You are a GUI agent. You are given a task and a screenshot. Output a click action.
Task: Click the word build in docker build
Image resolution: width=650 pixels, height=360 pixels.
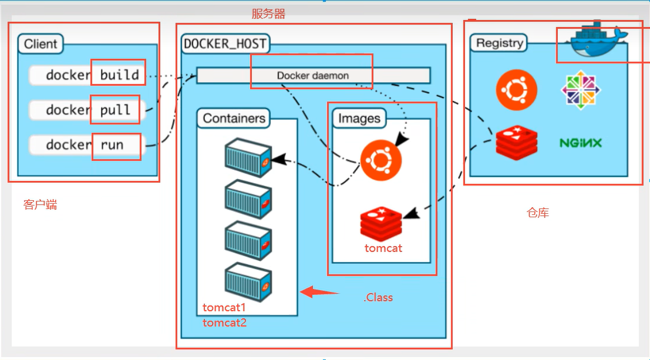point(119,75)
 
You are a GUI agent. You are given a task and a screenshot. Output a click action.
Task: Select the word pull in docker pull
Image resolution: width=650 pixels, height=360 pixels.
point(115,110)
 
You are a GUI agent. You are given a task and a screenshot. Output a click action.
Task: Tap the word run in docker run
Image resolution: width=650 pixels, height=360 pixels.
point(112,144)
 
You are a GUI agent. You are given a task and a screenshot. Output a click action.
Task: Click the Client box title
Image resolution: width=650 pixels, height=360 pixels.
point(41,43)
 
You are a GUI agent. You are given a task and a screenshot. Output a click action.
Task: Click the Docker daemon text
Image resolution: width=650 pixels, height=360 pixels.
point(312,76)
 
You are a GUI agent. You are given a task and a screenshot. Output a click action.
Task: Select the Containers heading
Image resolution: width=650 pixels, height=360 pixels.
point(234,119)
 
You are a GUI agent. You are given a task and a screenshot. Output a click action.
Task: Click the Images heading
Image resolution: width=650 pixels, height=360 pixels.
point(359,119)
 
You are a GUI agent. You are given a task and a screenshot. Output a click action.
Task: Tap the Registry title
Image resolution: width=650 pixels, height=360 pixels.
point(499,43)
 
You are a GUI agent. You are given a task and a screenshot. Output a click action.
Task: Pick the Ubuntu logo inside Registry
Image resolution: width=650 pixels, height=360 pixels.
point(517,90)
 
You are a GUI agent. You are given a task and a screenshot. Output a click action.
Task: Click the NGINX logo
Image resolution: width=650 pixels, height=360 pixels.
point(580,143)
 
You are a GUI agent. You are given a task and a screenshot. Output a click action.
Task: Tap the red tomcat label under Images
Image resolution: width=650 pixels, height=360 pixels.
point(383,248)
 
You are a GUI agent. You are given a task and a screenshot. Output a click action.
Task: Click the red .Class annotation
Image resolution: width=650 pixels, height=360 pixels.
point(378,297)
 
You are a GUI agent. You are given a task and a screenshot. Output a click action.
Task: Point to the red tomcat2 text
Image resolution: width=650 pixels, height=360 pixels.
point(224,322)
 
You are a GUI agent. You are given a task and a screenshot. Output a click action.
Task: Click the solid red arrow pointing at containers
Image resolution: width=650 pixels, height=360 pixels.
point(319,291)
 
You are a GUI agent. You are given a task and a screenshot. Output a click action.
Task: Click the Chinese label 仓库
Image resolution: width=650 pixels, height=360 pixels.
point(538,213)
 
